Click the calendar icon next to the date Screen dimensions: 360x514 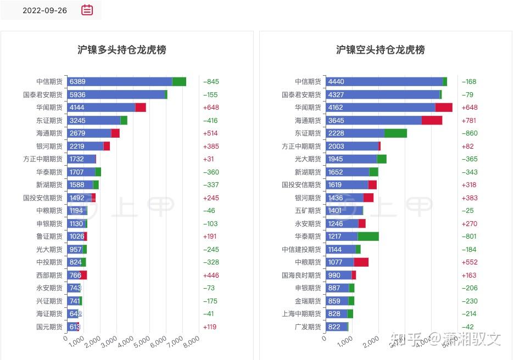(87, 10)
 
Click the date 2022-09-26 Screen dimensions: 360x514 (44, 10)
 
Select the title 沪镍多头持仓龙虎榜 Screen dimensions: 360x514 (121, 50)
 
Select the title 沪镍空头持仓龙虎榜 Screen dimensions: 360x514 (380, 50)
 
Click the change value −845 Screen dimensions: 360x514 (211, 82)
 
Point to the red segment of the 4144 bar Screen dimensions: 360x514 (141, 108)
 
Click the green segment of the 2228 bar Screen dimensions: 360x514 (395, 133)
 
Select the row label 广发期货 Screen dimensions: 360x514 (308, 327)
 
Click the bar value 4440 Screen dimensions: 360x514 (336, 82)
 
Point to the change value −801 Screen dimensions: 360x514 (470, 237)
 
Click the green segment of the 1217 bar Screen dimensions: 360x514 (368, 237)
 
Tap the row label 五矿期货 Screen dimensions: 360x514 (308, 211)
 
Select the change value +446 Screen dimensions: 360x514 (211, 275)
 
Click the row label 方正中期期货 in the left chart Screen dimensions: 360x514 (43, 159)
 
